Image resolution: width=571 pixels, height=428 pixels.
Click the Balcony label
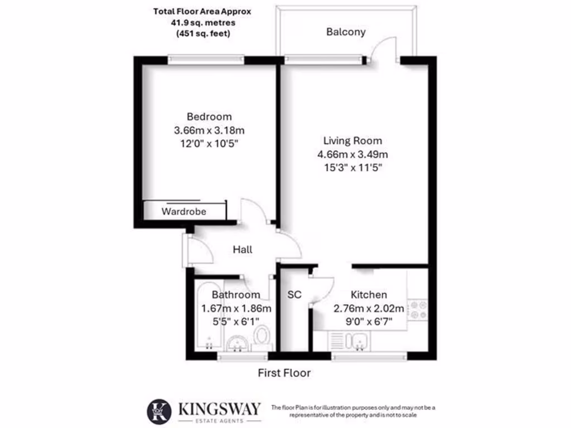point(346,32)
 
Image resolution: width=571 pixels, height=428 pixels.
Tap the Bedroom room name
point(209,116)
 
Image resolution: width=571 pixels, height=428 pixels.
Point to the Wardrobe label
point(184,212)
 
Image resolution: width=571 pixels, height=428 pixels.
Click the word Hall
point(242,249)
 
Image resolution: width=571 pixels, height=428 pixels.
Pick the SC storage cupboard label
point(294,294)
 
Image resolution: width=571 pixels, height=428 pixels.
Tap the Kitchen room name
point(369,295)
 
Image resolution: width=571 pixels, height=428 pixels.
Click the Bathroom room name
point(236,295)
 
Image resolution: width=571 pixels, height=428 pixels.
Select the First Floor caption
point(284,373)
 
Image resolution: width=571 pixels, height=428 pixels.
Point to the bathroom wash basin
point(238,342)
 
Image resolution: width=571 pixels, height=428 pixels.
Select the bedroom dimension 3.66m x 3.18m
point(209,130)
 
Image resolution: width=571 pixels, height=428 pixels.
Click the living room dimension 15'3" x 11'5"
point(353,167)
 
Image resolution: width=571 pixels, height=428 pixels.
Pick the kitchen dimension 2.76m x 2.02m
point(369,308)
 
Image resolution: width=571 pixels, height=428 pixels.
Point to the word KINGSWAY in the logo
point(219,408)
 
